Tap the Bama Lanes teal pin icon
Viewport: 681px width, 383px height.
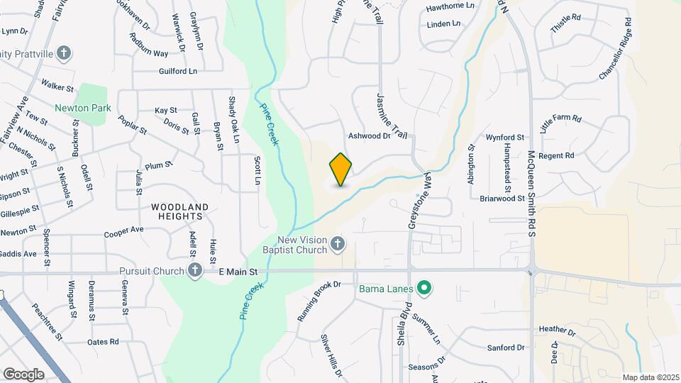tap(424, 288)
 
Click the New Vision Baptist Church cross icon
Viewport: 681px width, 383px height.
tap(338, 245)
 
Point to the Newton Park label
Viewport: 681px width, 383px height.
tap(83, 109)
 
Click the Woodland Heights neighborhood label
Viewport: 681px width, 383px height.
tap(179, 212)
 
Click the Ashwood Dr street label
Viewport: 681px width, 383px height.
tap(369, 135)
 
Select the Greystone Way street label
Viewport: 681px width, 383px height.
tap(419, 199)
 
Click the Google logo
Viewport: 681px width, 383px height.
tap(24, 374)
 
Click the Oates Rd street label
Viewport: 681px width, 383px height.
tap(103, 342)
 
